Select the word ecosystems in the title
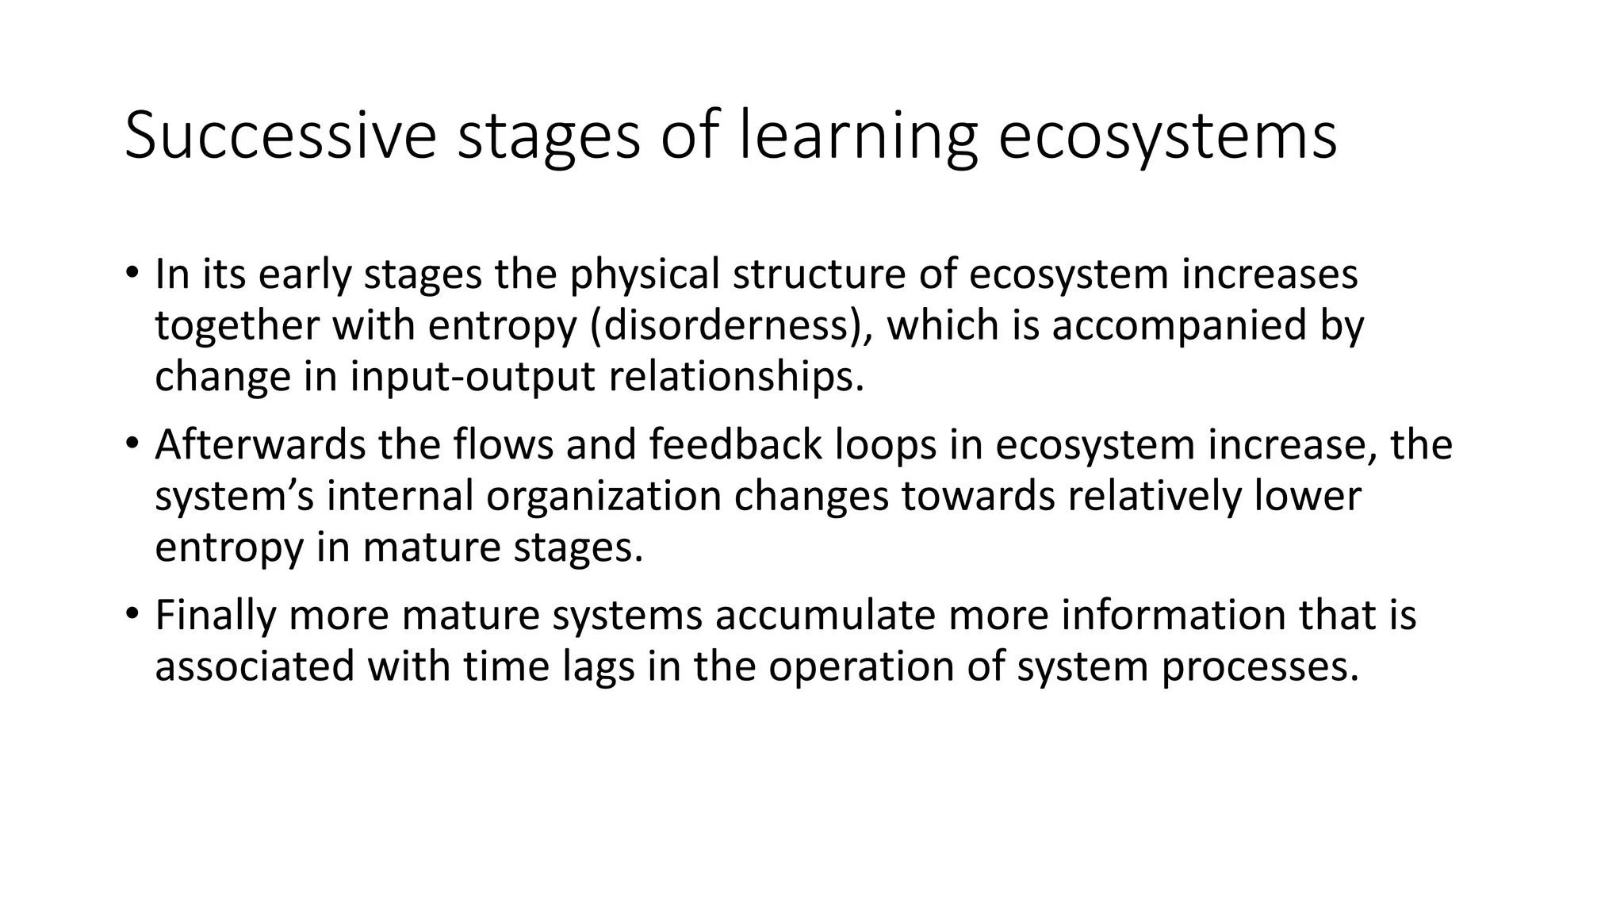pyautogui.click(x=1167, y=136)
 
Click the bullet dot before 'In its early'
pyautogui.click(x=132, y=274)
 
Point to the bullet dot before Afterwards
pyautogui.click(x=132, y=444)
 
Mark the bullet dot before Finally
pyautogui.click(x=132, y=615)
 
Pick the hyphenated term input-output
pyautogui.click(x=473, y=377)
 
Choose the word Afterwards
pyautogui.click(x=260, y=444)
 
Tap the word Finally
pyautogui.click(x=215, y=615)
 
